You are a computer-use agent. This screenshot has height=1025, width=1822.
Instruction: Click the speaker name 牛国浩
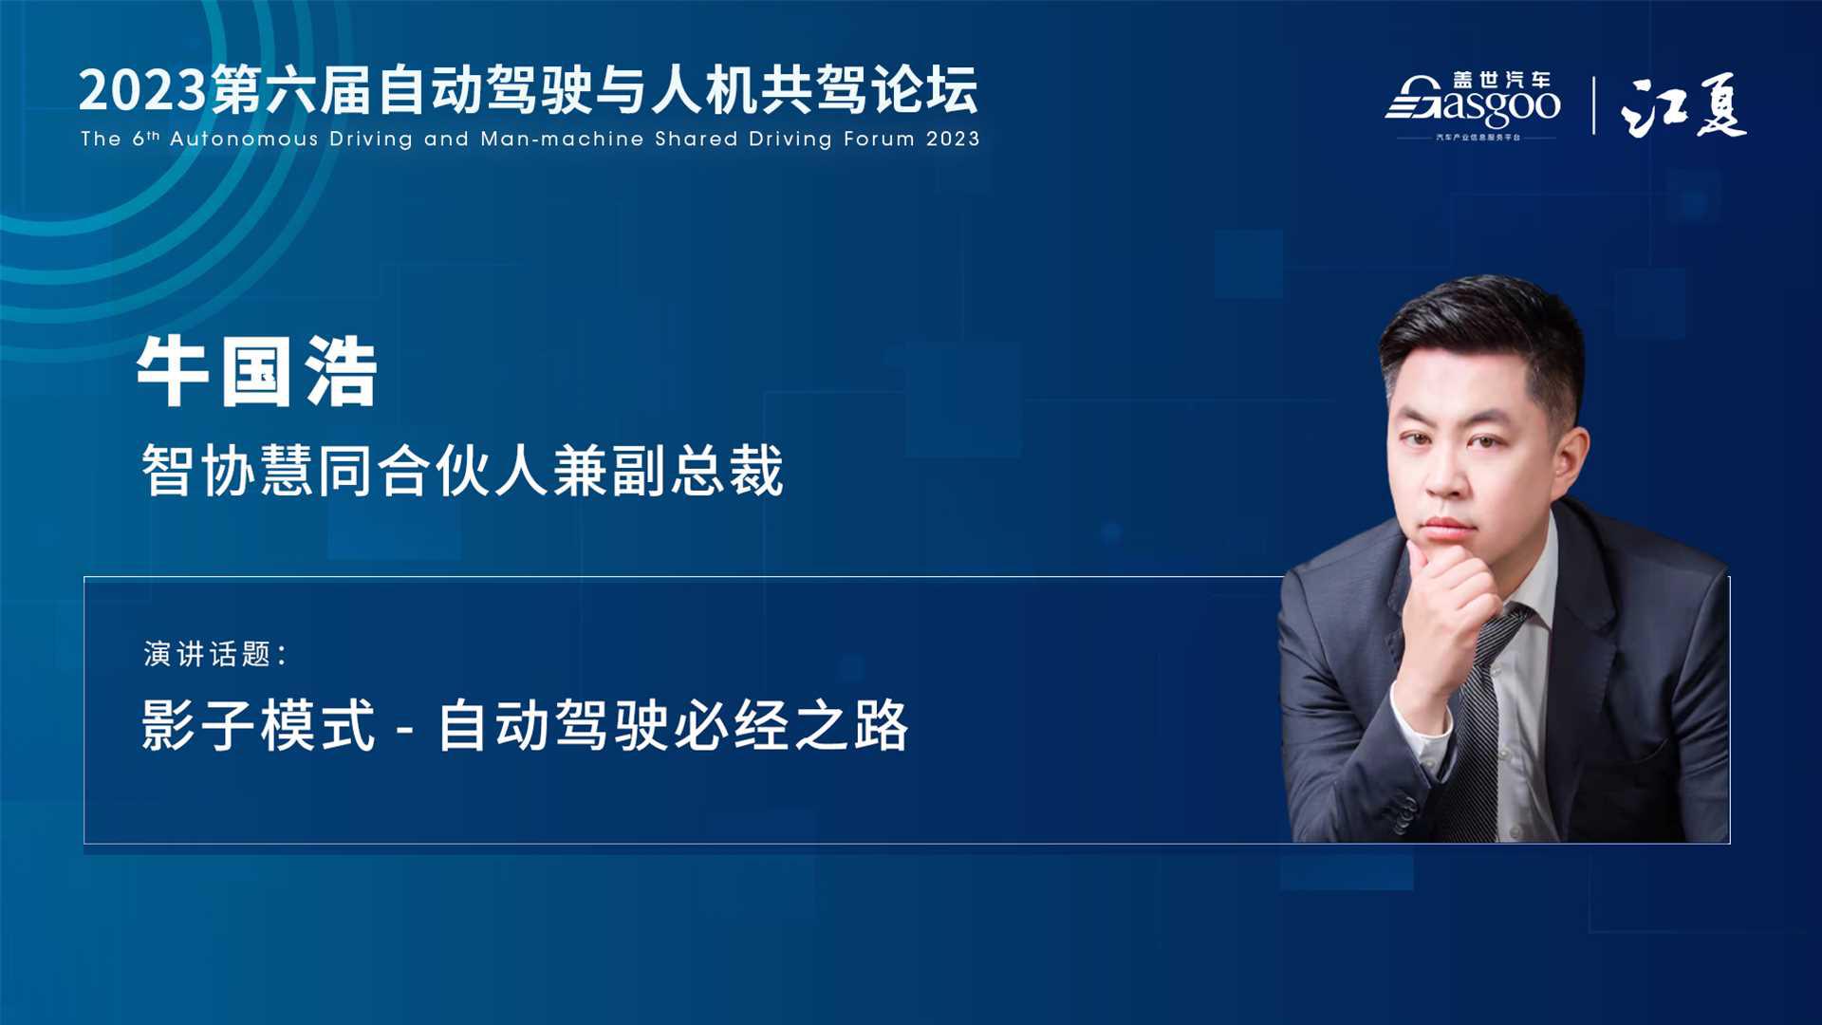pos(257,372)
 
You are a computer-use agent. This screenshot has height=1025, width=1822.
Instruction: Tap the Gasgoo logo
pos(1473,105)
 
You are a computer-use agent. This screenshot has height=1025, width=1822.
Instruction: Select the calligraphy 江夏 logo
pos(1683,105)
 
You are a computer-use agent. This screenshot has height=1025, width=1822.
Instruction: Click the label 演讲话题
pos(208,654)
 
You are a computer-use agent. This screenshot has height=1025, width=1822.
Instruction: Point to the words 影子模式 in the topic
pos(258,726)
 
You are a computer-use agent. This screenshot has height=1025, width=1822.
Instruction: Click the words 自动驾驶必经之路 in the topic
pos(673,726)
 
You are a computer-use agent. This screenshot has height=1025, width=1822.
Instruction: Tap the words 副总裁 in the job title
pos(698,470)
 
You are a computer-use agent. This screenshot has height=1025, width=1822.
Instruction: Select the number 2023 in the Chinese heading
pos(143,91)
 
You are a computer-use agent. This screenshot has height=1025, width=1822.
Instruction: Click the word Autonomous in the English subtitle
pos(244,139)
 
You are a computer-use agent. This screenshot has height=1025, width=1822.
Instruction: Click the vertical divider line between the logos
pos(1593,105)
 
